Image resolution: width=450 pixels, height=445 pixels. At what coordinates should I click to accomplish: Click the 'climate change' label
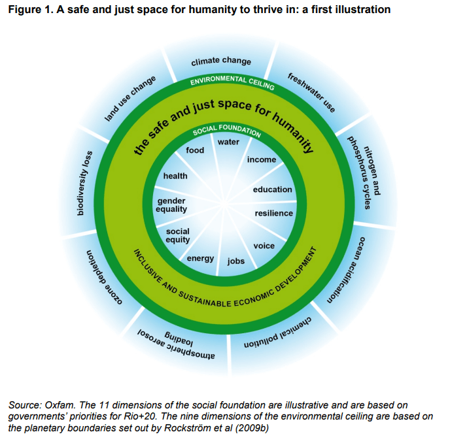pyautogui.click(x=221, y=61)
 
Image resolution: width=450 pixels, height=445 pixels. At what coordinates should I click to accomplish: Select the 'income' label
pyautogui.click(x=261, y=159)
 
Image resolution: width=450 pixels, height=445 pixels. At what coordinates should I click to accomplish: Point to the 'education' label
pyautogui.click(x=272, y=190)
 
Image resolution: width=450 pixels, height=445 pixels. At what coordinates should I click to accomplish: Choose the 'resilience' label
pyautogui.click(x=273, y=213)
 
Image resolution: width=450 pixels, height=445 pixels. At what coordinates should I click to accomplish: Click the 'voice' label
pyautogui.click(x=264, y=246)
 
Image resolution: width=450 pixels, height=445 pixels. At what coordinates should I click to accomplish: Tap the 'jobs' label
pyautogui.click(x=235, y=261)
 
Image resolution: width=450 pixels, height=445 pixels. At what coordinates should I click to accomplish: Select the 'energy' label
pyautogui.click(x=200, y=258)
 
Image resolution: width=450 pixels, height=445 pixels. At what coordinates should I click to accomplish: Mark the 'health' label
pyautogui.click(x=175, y=176)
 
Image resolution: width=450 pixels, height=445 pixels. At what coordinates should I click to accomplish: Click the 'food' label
pyautogui.click(x=195, y=150)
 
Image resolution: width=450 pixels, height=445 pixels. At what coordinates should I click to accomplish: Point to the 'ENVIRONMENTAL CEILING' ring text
pyautogui.click(x=227, y=80)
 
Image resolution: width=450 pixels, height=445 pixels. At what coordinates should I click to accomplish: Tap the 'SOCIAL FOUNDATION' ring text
pyautogui.click(x=226, y=131)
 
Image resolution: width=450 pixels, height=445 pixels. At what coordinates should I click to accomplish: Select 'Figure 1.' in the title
pyautogui.click(x=29, y=10)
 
